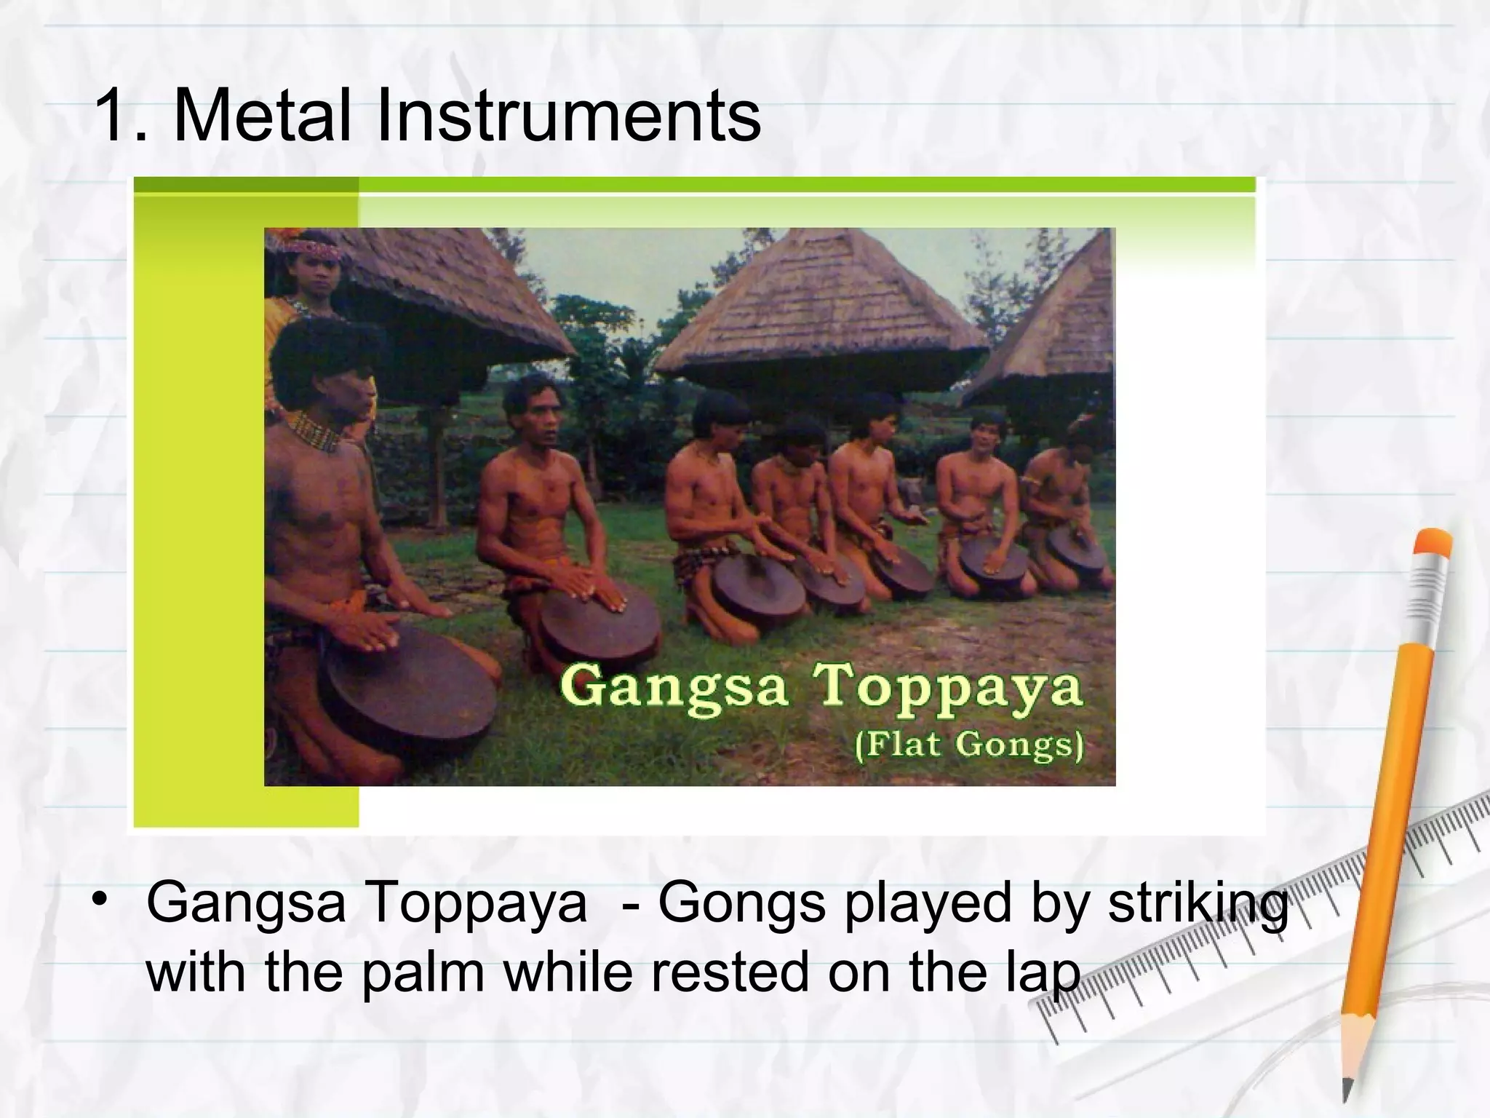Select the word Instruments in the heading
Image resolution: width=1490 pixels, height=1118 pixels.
click(x=567, y=115)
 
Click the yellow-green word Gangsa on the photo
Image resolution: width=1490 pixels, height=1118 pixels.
click(x=674, y=687)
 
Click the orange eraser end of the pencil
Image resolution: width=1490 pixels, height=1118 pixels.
click(x=1432, y=544)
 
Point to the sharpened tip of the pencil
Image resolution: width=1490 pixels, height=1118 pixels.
click(x=1347, y=1092)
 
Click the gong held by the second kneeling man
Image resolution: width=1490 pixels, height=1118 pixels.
click(x=600, y=622)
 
